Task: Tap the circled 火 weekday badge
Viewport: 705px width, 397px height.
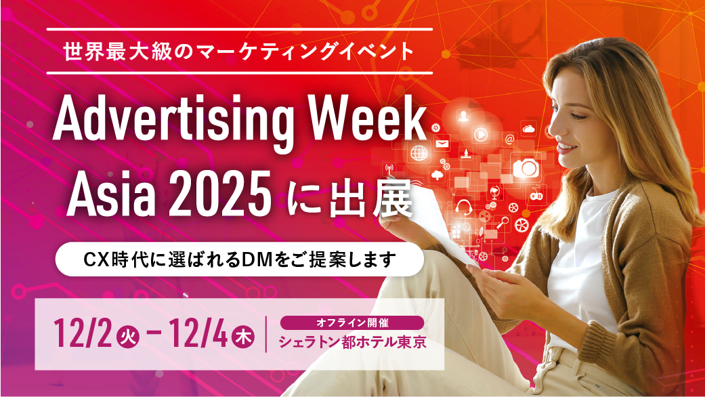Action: [x=129, y=335]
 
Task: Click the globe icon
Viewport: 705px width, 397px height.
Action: [x=419, y=152]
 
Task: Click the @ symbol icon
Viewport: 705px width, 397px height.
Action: [x=510, y=140]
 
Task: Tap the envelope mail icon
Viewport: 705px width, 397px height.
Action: [x=442, y=144]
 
